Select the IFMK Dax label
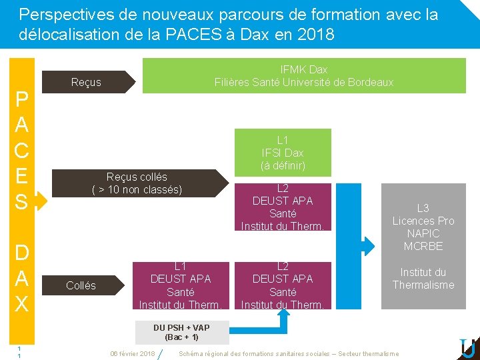304,69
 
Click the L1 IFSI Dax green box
283,153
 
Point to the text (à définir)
283,165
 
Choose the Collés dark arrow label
81,285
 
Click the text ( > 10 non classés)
137,190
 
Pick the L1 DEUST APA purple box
181,285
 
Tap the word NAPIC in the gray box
423,233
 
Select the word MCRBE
423,246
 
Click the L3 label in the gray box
423,208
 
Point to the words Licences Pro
423,221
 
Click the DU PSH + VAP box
181,332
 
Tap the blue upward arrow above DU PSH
283,318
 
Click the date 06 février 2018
132,353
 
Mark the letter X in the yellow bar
21,304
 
